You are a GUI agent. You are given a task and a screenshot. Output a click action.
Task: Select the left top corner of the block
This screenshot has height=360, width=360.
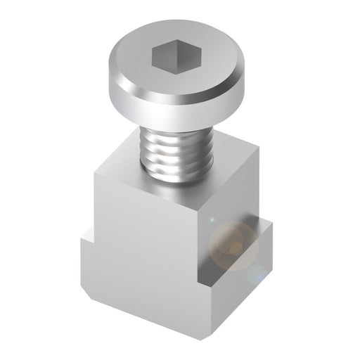pos(94,165)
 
